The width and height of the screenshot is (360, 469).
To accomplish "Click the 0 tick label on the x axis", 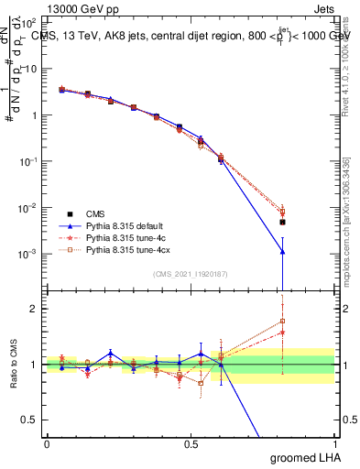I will coord(46,442).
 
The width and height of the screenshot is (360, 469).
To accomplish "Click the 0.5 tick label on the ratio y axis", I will coord(30,420).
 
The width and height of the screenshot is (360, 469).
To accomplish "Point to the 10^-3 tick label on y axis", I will coord(27,254).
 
